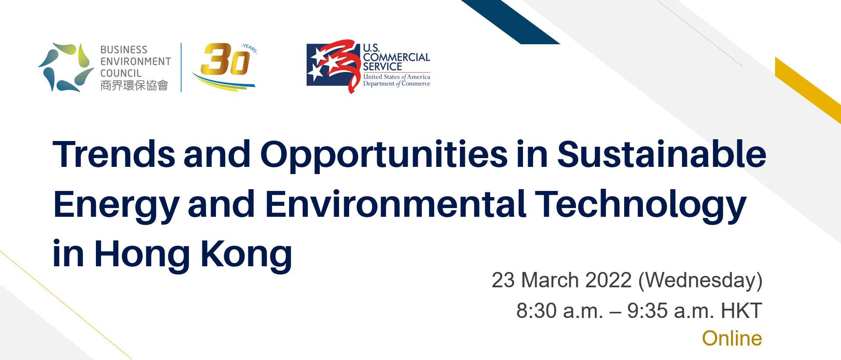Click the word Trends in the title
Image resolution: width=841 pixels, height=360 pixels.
pyautogui.click(x=114, y=154)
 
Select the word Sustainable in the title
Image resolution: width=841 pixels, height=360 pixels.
pyautogui.click(x=661, y=154)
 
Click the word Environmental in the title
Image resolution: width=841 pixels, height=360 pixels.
pyautogui.click(x=396, y=204)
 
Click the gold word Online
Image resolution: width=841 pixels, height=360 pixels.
pyautogui.click(x=732, y=339)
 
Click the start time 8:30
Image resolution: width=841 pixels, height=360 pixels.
pyautogui.click(x=536, y=311)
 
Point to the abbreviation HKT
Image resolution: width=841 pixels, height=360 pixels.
pyautogui.click(x=741, y=311)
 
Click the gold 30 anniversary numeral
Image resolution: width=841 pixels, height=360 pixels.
pyautogui.click(x=225, y=59)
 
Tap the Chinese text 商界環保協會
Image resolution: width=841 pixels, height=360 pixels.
pyautogui.click(x=134, y=85)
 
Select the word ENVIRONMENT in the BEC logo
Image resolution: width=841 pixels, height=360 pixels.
pyautogui.click(x=136, y=62)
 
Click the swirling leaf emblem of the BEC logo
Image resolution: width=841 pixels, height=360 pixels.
pyautogui.click(x=66, y=67)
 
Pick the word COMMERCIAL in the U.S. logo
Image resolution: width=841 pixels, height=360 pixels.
pyautogui.click(x=396, y=57)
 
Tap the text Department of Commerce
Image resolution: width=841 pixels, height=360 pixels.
pyautogui.click(x=396, y=84)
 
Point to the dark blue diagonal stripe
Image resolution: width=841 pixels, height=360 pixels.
pyautogui.click(x=510, y=22)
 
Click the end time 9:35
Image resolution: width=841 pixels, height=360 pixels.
pyautogui.click(x=647, y=311)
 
